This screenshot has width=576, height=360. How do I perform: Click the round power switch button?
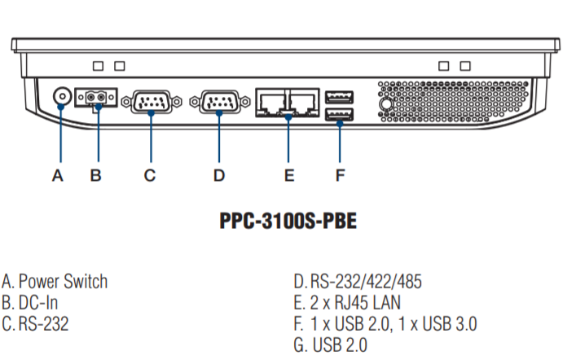[61, 99]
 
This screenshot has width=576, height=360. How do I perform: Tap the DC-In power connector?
[96, 99]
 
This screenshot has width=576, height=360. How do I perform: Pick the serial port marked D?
[218, 103]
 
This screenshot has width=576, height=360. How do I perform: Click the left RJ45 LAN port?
[270, 102]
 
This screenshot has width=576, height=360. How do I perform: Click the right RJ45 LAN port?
[303, 102]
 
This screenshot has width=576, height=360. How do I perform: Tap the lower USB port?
[340, 114]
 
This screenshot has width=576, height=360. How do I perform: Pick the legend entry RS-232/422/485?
[366, 282]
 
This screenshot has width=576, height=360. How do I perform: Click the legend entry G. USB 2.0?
[331, 345]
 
